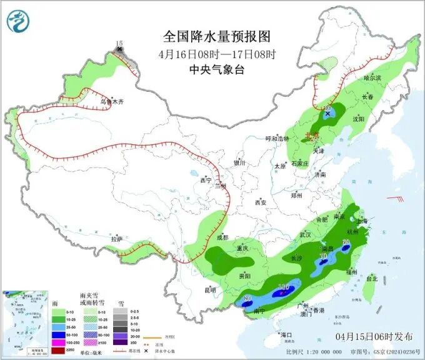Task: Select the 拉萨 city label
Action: [117, 239]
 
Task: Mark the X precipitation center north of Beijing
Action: [327, 114]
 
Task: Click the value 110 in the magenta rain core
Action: [282, 287]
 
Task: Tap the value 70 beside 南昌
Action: [323, 256]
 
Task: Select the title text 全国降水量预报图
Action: [216, 36]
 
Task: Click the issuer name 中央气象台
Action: [216, 71]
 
